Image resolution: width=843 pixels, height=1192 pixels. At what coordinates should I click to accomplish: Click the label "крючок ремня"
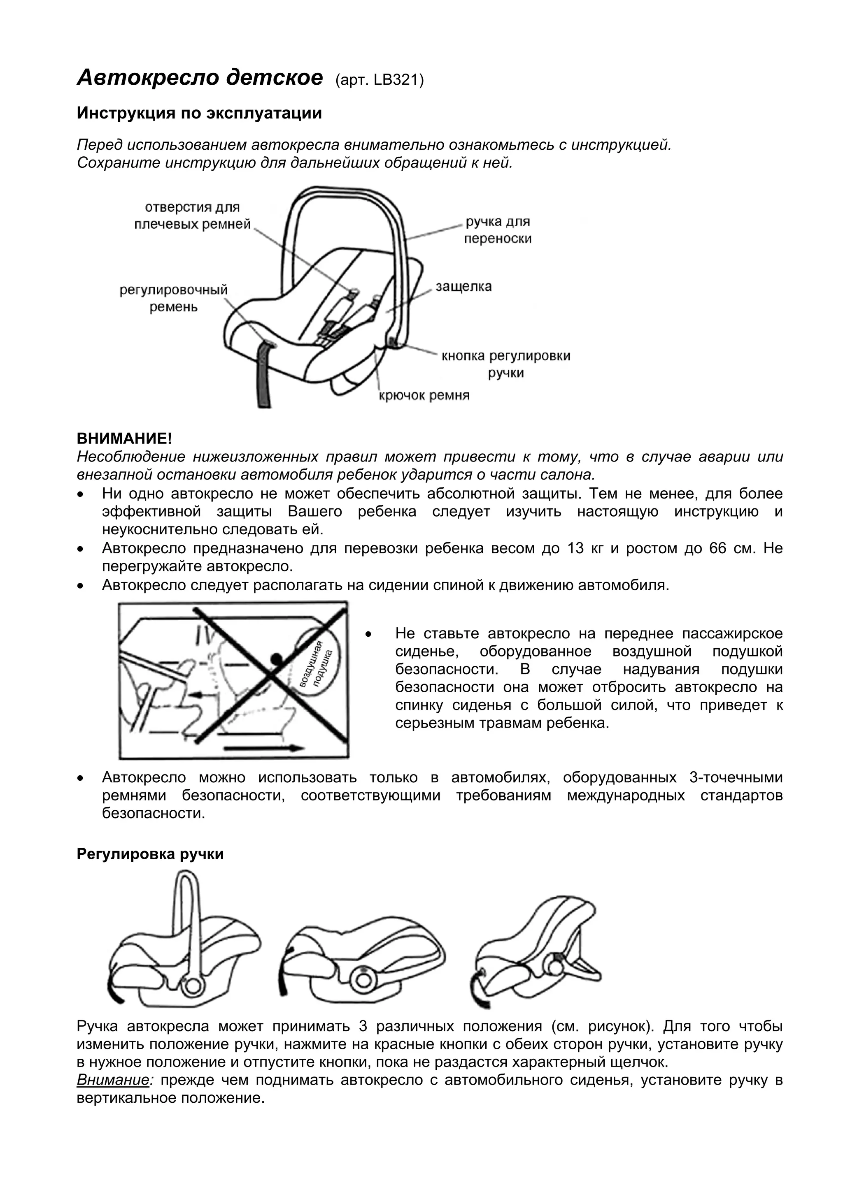424,396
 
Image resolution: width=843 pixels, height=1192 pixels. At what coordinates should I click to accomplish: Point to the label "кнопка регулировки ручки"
505,364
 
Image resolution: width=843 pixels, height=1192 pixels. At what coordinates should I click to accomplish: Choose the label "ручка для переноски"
498,230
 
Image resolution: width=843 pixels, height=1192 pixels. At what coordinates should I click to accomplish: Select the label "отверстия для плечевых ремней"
192,216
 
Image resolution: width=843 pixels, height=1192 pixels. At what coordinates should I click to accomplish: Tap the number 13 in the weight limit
576,549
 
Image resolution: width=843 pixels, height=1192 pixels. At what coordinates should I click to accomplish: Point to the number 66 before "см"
718,549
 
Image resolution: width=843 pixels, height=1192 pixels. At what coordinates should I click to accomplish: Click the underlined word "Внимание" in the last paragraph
113,1081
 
